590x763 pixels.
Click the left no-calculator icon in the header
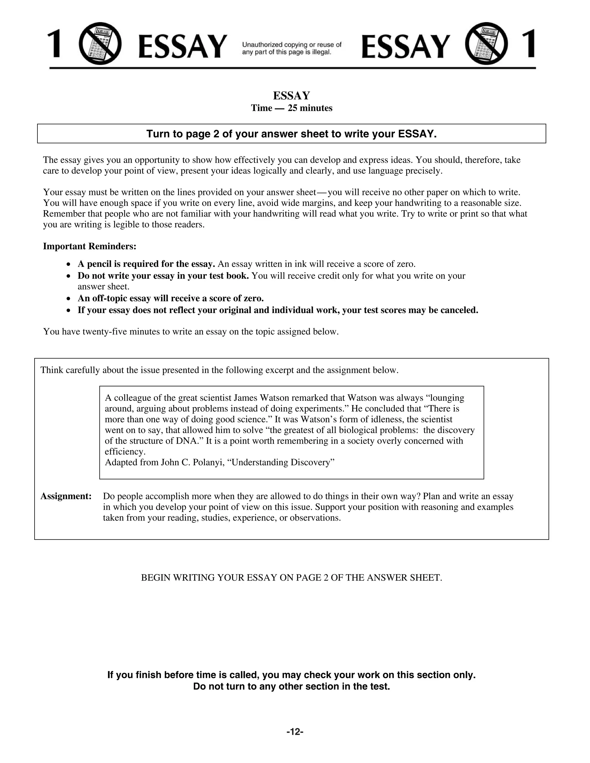pyautogui.click(x=100, y=44)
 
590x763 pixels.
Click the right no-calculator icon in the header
pyautogui.click(x=486, y=44)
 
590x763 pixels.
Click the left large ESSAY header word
pyautogui.click(x=182, y=46)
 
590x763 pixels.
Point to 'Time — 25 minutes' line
pyautogui.click(x=292, y=108)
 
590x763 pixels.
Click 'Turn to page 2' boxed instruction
pyautogui.click(x=292, y=134)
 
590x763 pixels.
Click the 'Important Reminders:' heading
pyautogui.click(x=90, y=246)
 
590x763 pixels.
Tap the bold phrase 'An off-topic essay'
pyautogui.click(x=115, y=298)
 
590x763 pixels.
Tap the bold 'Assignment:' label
pyautogui.click(x=66, y=496)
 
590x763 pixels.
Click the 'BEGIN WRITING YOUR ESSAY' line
pyautogui.click(x=292, y=578)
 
